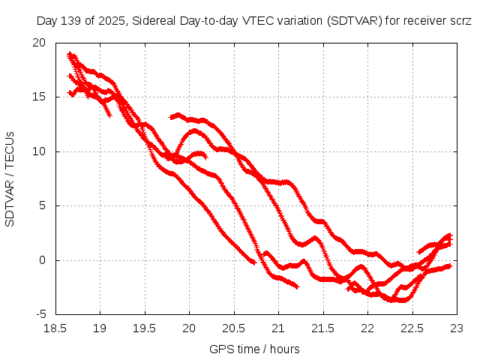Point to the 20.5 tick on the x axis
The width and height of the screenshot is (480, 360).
click(234, 328)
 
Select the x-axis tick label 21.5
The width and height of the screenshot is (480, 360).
click(323, 328)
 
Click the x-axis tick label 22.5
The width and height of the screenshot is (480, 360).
click(412, 328)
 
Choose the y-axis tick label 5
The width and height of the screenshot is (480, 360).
click(42, 206)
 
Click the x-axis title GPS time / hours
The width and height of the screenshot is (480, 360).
click(255, 349)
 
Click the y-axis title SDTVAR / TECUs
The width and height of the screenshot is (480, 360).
click(10, 178)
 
